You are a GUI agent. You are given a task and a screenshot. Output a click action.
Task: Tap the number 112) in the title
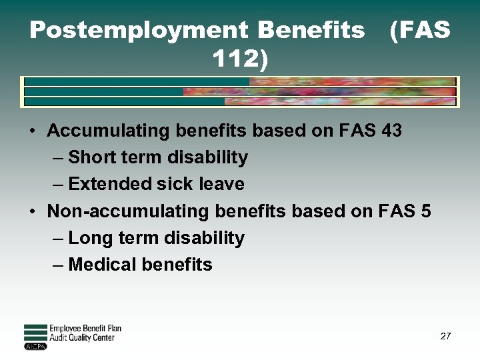(x=240, y=61)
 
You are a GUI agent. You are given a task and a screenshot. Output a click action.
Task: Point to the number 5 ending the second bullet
(x=425, y=211)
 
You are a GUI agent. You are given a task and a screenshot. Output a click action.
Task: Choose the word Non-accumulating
(x=128, y=211)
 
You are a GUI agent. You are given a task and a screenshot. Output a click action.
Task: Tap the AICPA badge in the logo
(x=35, y=346)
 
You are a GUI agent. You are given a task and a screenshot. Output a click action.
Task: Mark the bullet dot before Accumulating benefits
(x=33, y=131)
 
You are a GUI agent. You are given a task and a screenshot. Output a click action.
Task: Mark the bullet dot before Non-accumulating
(x=33, y=212)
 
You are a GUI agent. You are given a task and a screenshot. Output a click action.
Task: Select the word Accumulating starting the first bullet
(x=99, y=130)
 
